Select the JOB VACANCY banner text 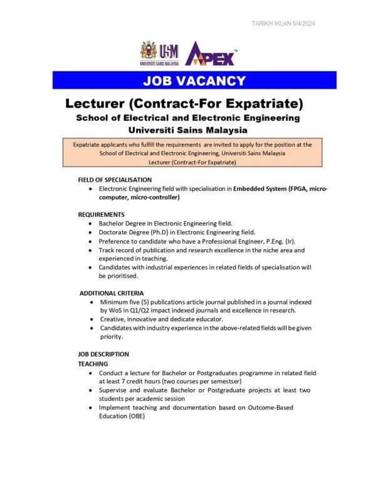[194, 80]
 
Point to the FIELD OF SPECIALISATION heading [115, 180]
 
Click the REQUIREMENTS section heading [102, 214]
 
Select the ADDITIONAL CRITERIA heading [112, 293]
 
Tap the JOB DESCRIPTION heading [103, 354]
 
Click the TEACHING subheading [93, 363]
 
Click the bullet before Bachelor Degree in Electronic [92, 224]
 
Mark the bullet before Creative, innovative [92, 319]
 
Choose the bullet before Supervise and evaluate [92, 390]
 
